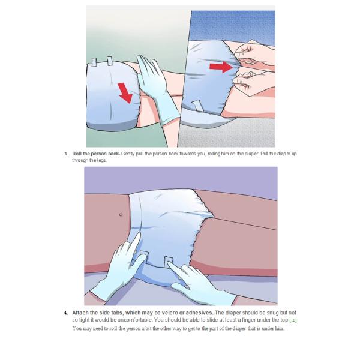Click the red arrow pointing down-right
coord(125,93)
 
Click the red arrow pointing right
coord(221,67)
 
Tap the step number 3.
coord(66,154)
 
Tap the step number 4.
coord(66,313)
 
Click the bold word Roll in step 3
coord(77,154)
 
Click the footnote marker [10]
coord(293,320)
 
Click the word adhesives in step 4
coord(200,313)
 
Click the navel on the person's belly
coord(121,215)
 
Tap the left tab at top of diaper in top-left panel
coord(94,62)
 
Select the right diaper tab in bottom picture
coord(169,262)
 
